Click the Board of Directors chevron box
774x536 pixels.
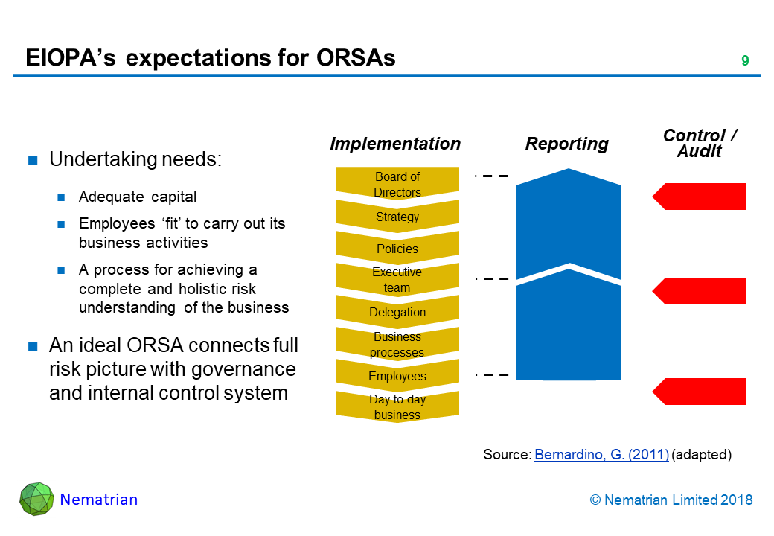[x=397, y=184]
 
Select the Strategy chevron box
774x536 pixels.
[x=397, y=217]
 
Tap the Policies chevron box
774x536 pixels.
[x=397, y=249]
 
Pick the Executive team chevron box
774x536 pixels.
[x=397, y=280]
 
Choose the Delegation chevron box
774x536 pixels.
[x=397, y=312]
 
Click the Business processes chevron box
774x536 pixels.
[x=397, y=344]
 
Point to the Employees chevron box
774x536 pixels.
[x=397, y=376]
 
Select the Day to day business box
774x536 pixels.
[x=397, y=406]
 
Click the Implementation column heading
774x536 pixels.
[x=395, y=144]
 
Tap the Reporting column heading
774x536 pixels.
[x=567, y=144]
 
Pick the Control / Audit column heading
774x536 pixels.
[x=700, y=143]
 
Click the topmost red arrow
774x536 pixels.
[x=699, y=197]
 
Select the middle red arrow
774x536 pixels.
[x=699, y=291]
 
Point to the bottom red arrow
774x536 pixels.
[x=699, y=392]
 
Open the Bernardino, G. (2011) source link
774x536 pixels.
[x=601, y=456]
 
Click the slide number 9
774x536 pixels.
[x=744, y=61]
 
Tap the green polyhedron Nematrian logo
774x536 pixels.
[x=36, y=499]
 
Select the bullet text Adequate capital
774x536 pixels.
[x=138, y=197]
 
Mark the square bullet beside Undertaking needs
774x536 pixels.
[x=33, y=159]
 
